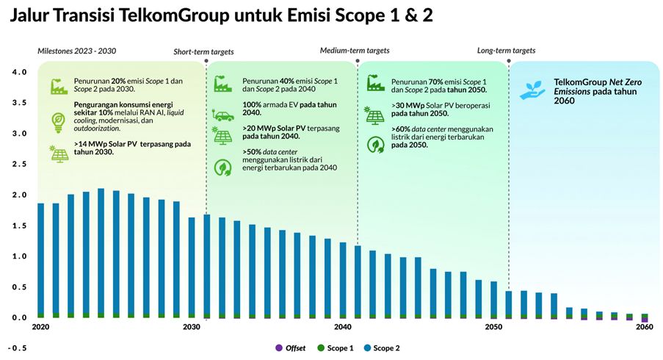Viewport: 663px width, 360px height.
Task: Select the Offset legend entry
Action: pyautogui.click(x=294, y=348)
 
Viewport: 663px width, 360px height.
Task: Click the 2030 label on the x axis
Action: pyautogui.click(x=191, y=327)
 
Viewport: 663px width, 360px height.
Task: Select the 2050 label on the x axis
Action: pyautogui.click(x=493, y=327)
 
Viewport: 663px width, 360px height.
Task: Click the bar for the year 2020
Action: pyautogui.click(x=40, y=260)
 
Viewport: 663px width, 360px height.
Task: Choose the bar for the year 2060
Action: pyautogui.click(x=645, y=317)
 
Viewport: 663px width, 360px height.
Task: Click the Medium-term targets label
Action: pyautogui.click(x=355, y=51)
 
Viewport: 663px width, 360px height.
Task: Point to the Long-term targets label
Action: pyautogui.click(x=506, y=51)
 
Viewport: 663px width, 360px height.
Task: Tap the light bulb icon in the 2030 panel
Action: pyautogui.click(x=57, y=120)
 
